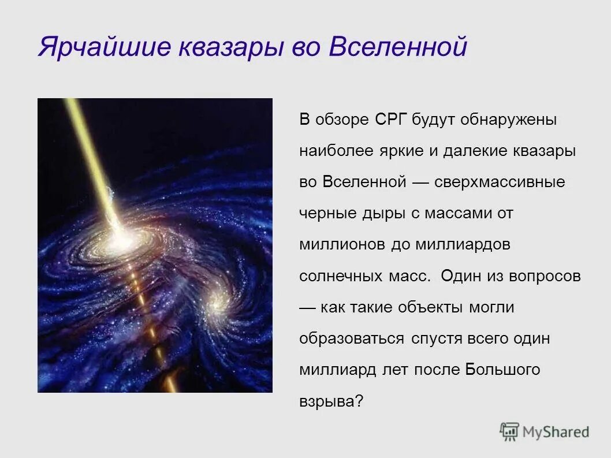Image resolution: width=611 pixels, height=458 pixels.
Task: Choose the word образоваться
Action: pyautogui.click(x=352, y=338)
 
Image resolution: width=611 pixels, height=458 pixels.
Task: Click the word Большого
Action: pyautogui.click(x=502, y=370)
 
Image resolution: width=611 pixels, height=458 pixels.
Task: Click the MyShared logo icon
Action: pyautogui.click(x=509, y=431)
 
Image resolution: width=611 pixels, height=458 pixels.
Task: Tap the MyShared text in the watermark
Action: pyautogui.click(x=556, y=431)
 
